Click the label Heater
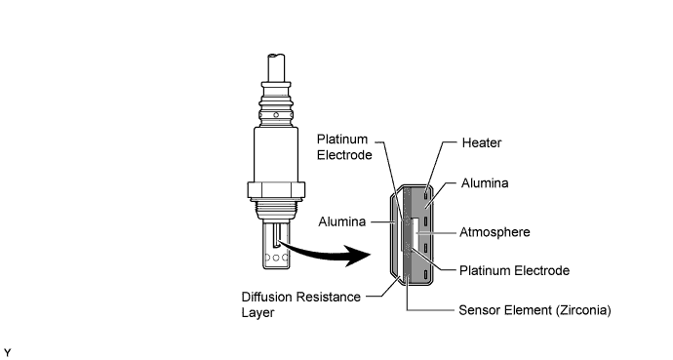[x=482, y=142]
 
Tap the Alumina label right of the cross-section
[x=485, y=183]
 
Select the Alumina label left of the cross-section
[x=342, y=221]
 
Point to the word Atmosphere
[x=495, y=232]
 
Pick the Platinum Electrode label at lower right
[x=515, y=271]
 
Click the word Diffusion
[x=266, y=297]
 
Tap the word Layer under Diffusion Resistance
[x=257, y=313]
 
